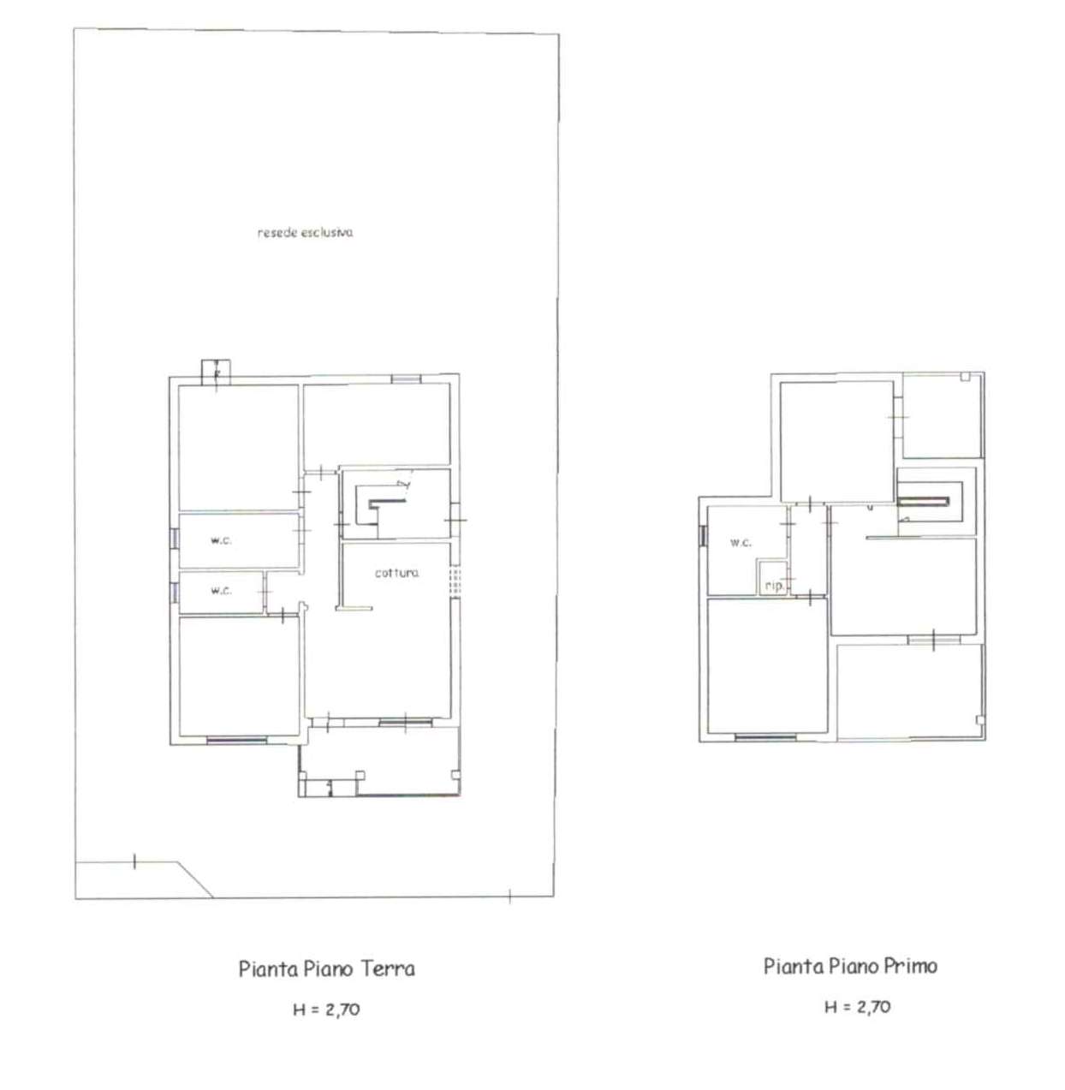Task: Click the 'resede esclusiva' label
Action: tap(305, 232)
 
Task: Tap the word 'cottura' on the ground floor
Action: tap(396, 573)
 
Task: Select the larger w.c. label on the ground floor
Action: tap(221, 540)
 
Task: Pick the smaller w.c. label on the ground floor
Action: tap(221, 590)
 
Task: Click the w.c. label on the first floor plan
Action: tap(741, 542)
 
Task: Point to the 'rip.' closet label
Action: tap(775, 587)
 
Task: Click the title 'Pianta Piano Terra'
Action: tap(327, 969)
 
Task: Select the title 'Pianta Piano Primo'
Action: tap(850, 966)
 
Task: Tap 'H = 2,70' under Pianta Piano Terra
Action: tap(326, 1010)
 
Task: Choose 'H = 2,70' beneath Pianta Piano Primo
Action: tap(857, 1007)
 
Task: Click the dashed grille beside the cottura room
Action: tap(455, 581)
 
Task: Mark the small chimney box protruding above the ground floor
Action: tap(216, 372)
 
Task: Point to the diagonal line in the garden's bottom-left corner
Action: tap(195, 879)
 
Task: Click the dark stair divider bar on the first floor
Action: tap(924, 501)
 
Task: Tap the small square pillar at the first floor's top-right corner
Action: tap(965, 377)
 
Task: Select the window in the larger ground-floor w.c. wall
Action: tap(174, 539)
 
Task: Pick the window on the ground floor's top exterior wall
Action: tap(406, 379)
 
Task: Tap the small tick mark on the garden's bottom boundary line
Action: tap(509, 896)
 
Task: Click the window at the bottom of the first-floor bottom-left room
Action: tap(765, 738)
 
